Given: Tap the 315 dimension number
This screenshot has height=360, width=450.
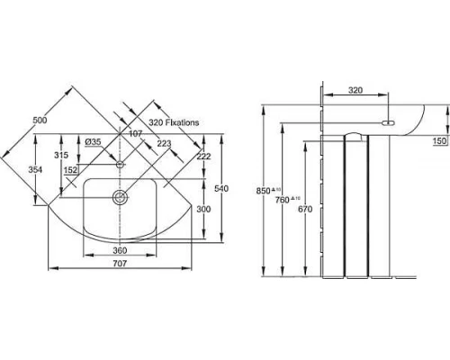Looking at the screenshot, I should point(62,156).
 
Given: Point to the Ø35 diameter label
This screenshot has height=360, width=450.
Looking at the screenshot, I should point(92,141).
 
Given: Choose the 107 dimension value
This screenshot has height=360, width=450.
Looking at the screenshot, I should point(136,135).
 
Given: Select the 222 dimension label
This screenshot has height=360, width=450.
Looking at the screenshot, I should point(202,157).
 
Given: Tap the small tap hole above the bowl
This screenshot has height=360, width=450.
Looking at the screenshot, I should point(119,166).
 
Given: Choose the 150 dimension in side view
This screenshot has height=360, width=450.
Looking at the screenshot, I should point(438,141).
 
